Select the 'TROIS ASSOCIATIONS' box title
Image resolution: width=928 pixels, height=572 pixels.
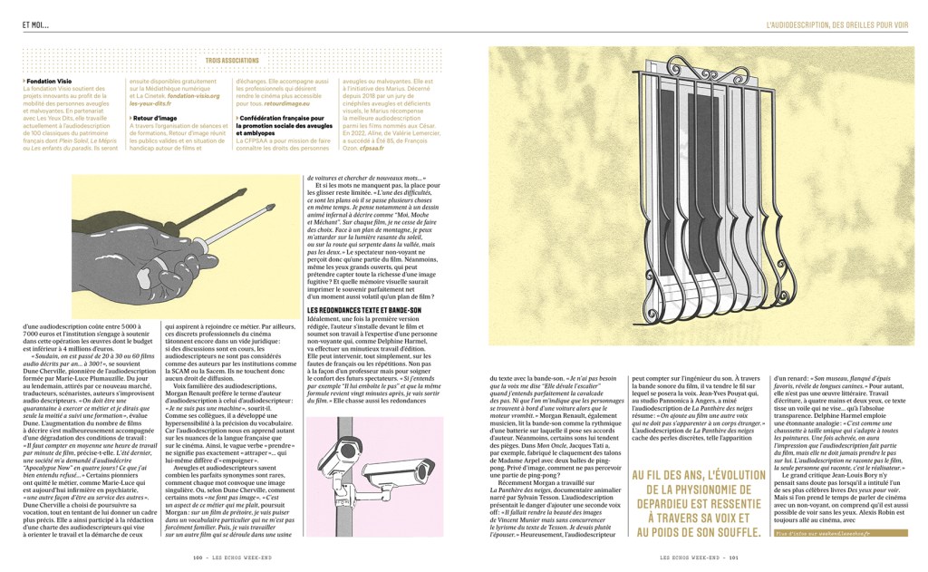pos(231,61)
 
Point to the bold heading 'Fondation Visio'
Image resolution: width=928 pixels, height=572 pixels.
pos(50,80)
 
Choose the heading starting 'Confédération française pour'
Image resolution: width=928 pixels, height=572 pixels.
pos(280,118)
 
